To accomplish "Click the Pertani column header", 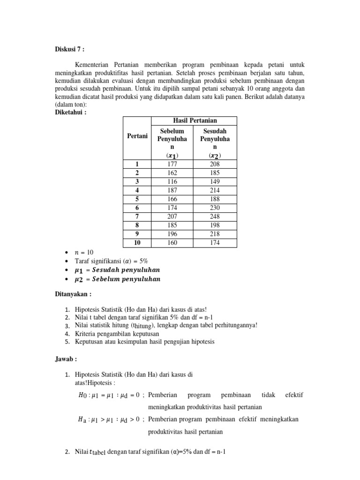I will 137,136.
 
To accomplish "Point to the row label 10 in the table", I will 137,243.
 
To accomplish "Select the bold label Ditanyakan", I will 73,294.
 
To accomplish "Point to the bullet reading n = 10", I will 84,252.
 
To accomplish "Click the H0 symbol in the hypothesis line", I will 82,395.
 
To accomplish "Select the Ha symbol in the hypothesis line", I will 82,419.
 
